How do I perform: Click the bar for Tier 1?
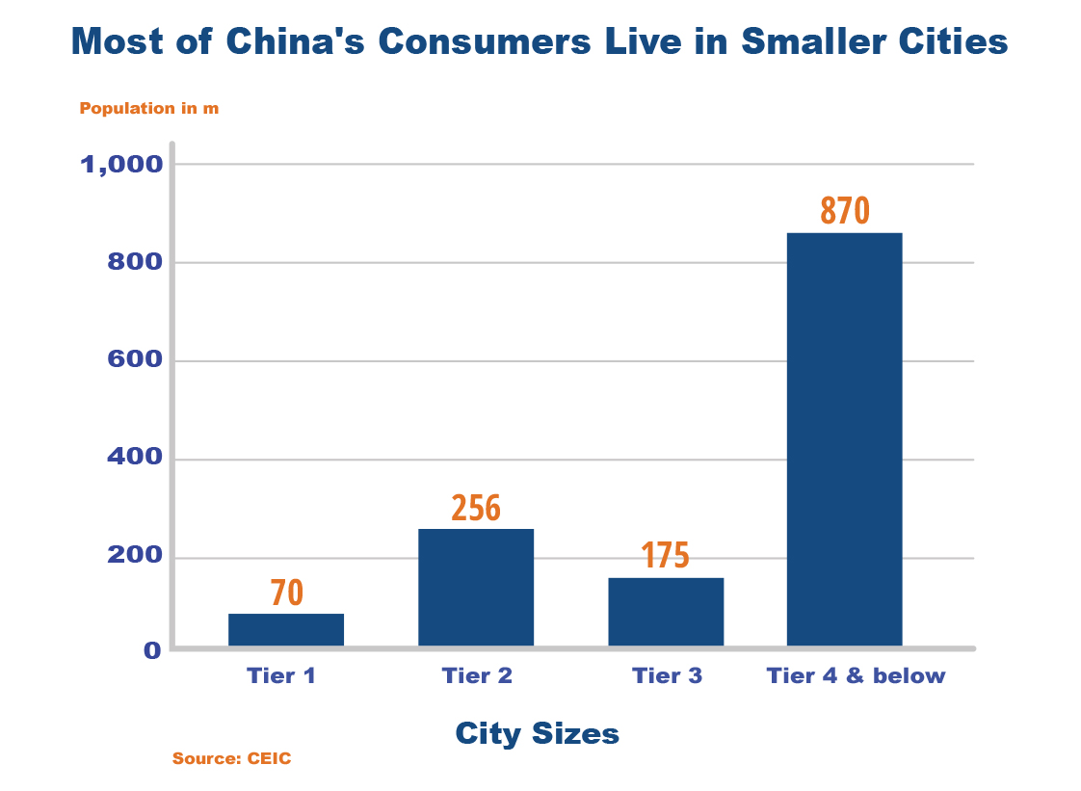click(x=286, y=629)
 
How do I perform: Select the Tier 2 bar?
click(x=476, y=587)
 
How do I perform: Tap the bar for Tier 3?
click(x=666, y=611)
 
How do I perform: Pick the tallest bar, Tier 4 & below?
click(x=844, y=438)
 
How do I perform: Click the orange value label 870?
click(x=845, y=211)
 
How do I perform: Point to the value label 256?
click(x=476, y=508)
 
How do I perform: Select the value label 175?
click(x=665, y=556)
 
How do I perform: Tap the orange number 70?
click(x=286, y=593)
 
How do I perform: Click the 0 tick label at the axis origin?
click(x=152, y=650)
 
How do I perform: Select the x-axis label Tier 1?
click(x=281, y=675)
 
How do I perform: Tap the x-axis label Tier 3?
click(x=667, y=675)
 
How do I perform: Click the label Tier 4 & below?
click(x=856, y=675)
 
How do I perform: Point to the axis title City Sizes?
click(x=537, y=734)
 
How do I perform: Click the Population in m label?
click(x=148, y=108)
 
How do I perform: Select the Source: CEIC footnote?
click(x=231, y=758)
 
